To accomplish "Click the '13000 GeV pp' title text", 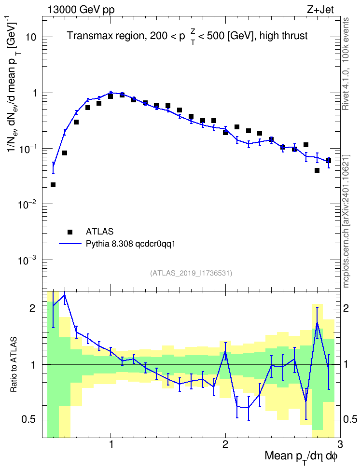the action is coord(81,10).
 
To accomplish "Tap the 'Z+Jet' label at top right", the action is coord(320,10).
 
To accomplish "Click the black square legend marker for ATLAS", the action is coord(70,232).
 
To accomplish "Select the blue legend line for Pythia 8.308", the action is coord(70,244).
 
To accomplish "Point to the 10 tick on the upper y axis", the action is coord(30,37).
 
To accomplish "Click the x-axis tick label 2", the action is coord(225,444).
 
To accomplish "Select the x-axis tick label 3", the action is coord(340,444).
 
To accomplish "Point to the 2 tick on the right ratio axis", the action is coord(346,308).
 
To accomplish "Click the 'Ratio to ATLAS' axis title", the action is coord(14,364).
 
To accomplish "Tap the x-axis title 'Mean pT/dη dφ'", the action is coord(301,456).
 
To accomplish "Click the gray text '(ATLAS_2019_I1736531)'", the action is coord(191,273).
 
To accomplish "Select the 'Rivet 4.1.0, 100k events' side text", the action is coord(346,64).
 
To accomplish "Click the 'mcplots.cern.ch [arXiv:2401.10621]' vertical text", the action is coord(346,221).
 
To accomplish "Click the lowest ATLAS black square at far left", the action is coord(53,185).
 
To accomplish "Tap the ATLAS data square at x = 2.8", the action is coord(317,170).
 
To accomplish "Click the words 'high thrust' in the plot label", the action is coord(284,36).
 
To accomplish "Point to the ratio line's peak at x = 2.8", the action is coord(317,322).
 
